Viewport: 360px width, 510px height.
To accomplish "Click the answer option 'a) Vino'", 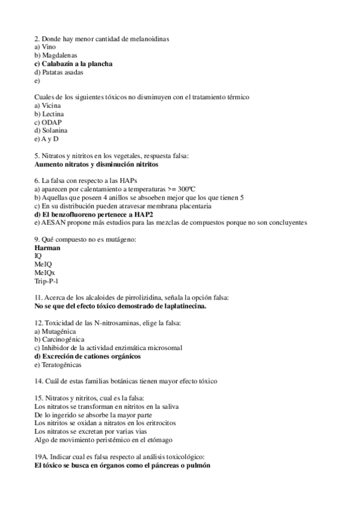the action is (46, 46).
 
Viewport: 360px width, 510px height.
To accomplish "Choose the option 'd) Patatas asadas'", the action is (59, 72).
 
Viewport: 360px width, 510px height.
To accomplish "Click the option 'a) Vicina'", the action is (48, 105).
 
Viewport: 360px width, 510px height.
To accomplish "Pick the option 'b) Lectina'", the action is (49, 114).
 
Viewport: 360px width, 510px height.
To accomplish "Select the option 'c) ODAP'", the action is (48, 122).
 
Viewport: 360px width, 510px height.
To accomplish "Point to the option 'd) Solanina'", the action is (51, 131).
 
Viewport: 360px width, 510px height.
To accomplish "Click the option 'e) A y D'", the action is (47, 139).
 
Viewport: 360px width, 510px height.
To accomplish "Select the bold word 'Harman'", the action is (47, 248).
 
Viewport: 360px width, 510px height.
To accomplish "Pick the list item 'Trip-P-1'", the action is (46, 281).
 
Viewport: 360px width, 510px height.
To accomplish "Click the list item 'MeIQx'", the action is (44, 272).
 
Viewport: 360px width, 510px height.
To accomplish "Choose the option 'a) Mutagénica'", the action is (56, 331).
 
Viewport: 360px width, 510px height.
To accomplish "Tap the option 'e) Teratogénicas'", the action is (58, 364).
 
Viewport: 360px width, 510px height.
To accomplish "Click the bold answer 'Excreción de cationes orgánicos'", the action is (93, 356).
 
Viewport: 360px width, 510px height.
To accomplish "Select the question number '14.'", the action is (40, 381).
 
